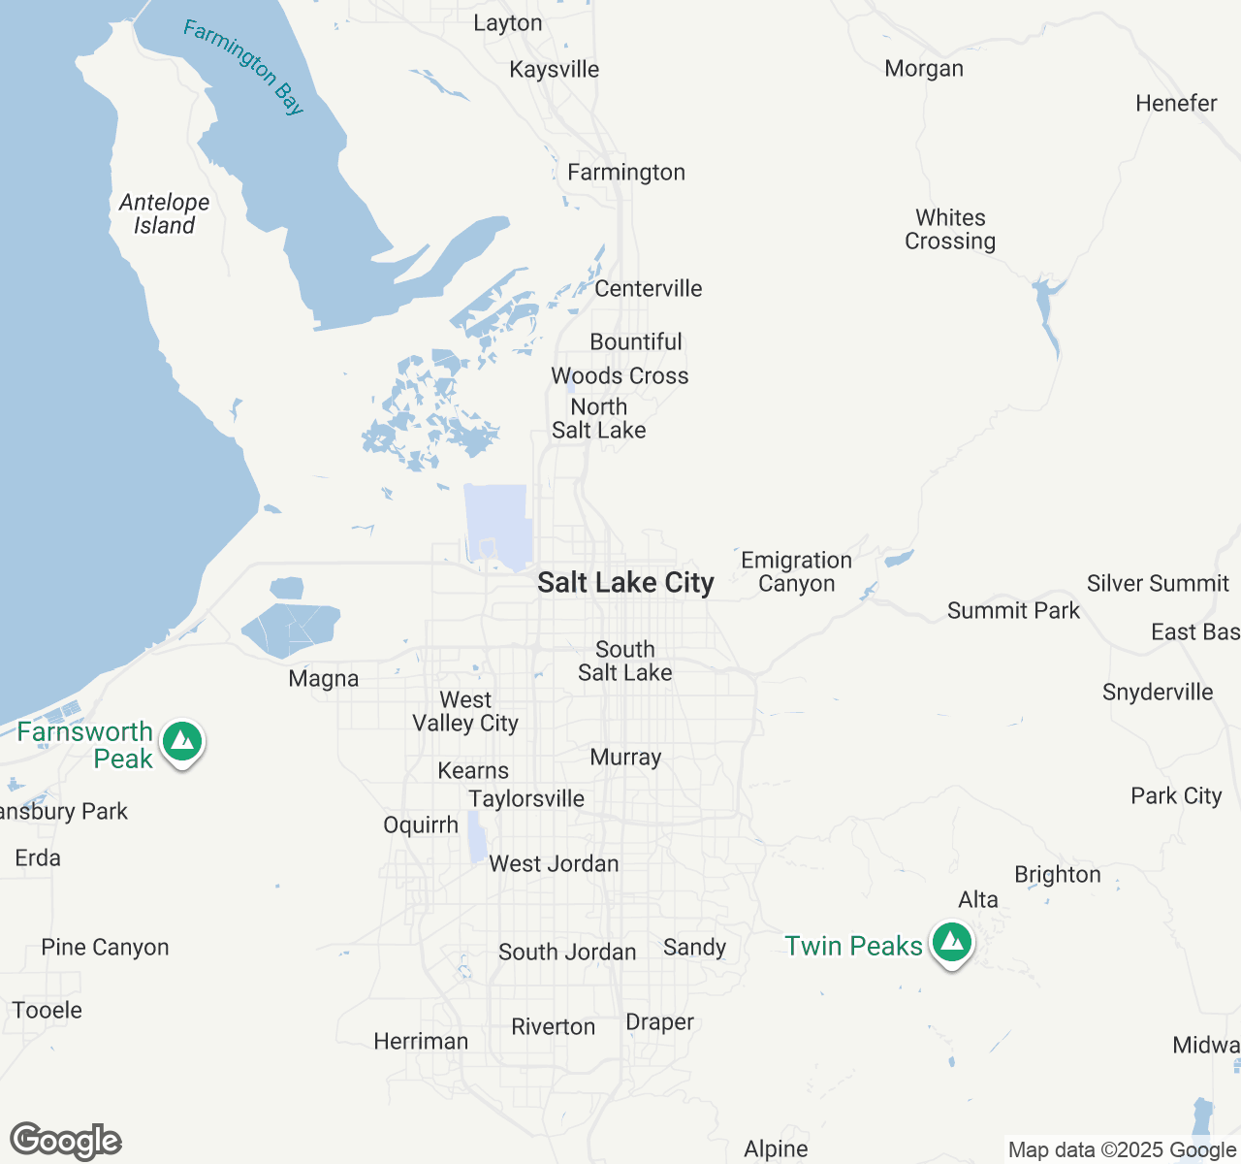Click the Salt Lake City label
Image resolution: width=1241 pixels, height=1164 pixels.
click(x=625, y=582)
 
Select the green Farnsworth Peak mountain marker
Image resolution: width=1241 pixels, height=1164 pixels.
click(x=182, y=742)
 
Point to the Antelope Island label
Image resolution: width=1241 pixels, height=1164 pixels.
click(x=164, y=213)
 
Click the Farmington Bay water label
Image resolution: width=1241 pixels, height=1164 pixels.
click(x=243, y=68)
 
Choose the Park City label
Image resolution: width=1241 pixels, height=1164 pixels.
click(x=1176, y=795)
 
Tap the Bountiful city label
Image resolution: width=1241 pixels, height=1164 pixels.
click(x=636, y=341)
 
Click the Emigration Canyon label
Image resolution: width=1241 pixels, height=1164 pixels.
click(x=796, y=571)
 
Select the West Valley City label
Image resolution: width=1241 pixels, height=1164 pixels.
click(x=465, y=711)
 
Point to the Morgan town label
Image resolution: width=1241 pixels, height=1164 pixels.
click(x=924, y=68)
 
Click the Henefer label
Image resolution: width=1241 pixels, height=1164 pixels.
click(x=1176, y=103)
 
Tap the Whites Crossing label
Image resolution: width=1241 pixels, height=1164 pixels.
click(x=950, y=229)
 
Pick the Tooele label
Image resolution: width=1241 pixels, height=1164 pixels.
click(x=48, y=1010)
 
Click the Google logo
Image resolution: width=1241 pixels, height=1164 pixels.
click(x=66, y=1142)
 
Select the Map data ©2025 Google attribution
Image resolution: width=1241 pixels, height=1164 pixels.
click(x=1122, y=1150)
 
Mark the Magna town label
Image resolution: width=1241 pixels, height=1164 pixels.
click(x=324, y=679)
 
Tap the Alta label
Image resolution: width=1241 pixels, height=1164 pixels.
click(x=978, y=899)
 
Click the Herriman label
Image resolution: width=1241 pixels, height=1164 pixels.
click(x=421, y=1041)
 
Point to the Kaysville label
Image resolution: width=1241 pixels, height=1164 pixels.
click(x=555, y=69)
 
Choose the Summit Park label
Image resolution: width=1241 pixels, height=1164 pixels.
click(x=1013, y=610)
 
